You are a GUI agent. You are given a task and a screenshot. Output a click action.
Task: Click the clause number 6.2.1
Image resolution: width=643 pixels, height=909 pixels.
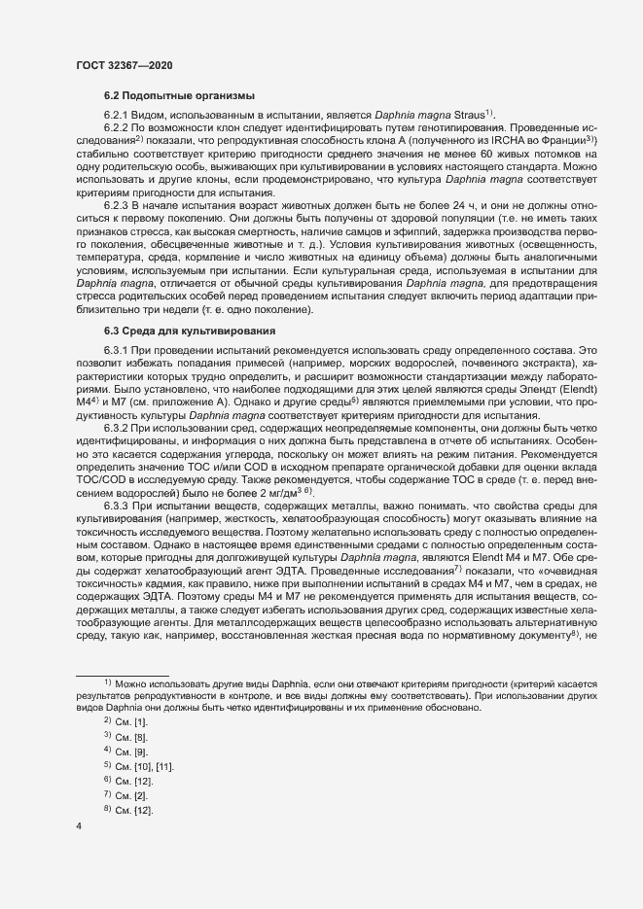click(x=119, y=115)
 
